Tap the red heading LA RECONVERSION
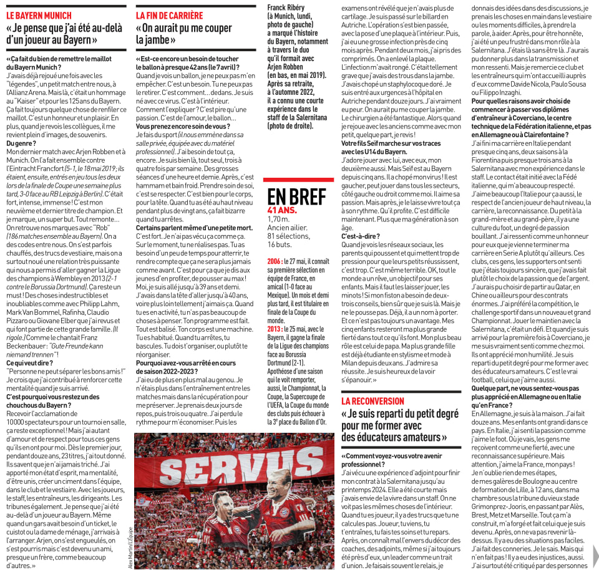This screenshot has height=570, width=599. click(x=373, y=401)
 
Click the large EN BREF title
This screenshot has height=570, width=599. click(x=296, y=196)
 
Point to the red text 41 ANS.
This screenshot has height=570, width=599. click(x=282, y=211)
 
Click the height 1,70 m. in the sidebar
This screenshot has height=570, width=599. click(x=278, y=220)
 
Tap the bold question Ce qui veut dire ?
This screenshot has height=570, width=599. click(x=30, y=362)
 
